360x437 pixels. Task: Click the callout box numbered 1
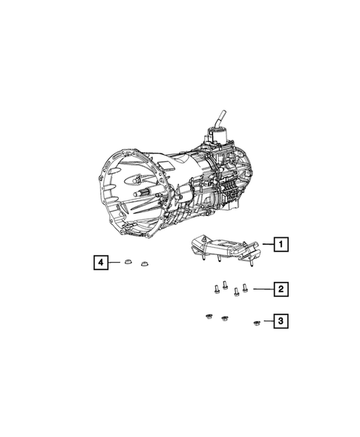[x=280, y=242]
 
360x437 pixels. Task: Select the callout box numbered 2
[x=280, y=289]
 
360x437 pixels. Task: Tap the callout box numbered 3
[x=280, y=321]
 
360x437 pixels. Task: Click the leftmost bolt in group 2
[x=214, y=290]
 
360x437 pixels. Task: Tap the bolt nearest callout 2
[x=245, y=288]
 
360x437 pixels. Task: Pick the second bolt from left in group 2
[x=224, y=286]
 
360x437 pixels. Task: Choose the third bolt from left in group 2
[x=235, y=292]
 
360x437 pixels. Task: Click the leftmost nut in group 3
[x=209, y=318]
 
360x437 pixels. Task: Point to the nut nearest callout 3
[x=256, y=322]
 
